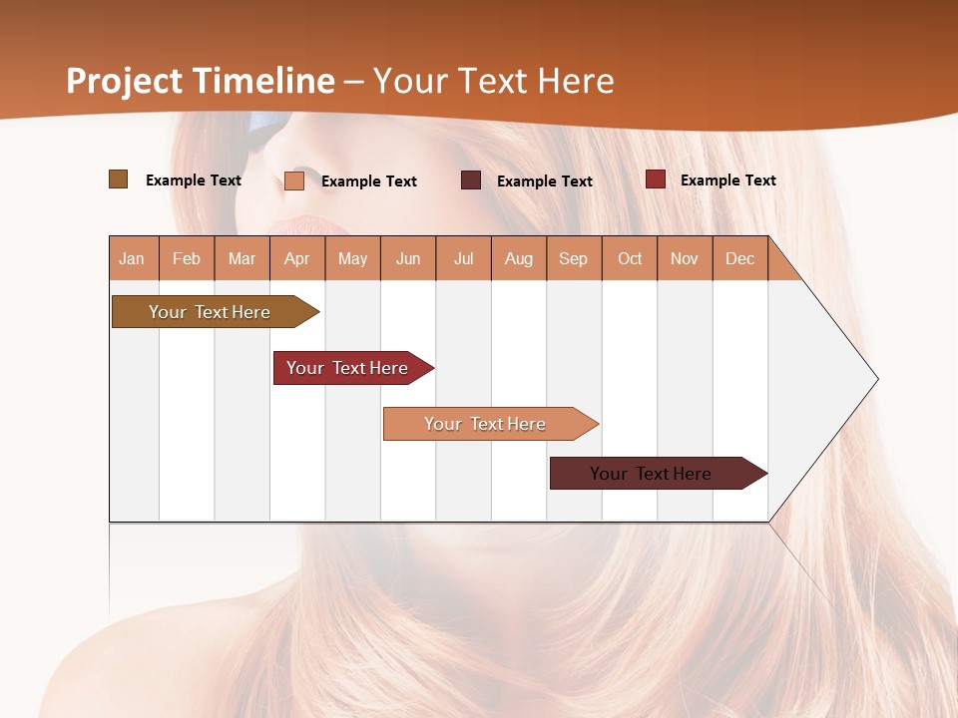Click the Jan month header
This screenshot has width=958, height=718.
click(133, 258)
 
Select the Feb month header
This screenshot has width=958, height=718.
click(187, 258)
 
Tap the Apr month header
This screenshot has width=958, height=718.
click(297, 258)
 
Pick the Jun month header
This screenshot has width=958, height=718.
click(408, 258)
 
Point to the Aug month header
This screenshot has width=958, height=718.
click(519, 258)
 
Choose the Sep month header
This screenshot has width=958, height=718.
click(574, 258)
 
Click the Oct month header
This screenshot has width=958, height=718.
click(630, 258)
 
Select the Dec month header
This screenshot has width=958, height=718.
click(740, 258)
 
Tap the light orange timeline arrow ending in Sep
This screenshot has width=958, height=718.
click(486, 424)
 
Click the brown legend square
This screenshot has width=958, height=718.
click(118, 179)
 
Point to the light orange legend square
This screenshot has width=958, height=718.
click(294, 180)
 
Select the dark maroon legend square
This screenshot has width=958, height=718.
click(471, 180)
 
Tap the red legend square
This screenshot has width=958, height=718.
click(656, 179)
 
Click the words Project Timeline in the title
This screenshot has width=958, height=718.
click(201, 81)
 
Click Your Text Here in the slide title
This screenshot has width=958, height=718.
click(494, 81)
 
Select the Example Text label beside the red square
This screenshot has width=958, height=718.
click(728, 179)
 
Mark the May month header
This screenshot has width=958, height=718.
click(352, 258)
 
